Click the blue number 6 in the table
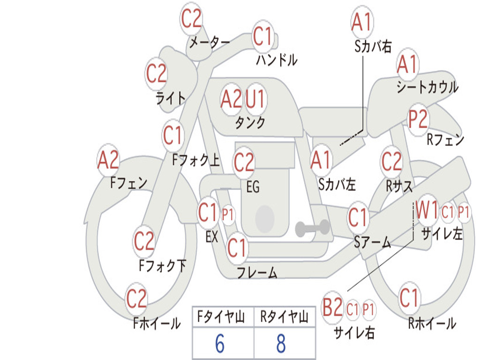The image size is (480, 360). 220,343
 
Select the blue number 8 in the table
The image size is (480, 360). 281,343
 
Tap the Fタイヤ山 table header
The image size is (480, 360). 221,317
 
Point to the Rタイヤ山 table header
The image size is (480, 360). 284,317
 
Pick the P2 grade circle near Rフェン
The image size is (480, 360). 418,119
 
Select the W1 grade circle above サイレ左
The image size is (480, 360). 427,210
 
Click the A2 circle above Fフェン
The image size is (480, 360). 108,160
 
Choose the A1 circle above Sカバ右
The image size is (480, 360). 362,22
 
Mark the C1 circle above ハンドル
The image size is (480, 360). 262,36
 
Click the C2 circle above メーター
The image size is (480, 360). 191,18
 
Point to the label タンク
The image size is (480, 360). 250,123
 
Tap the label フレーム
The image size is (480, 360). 257,272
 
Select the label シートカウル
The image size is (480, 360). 427,87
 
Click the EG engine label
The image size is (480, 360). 253,187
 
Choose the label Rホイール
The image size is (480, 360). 432,323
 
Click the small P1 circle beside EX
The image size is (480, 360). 227,214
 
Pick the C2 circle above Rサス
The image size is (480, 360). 391,162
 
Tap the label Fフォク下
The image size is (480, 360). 163,265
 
